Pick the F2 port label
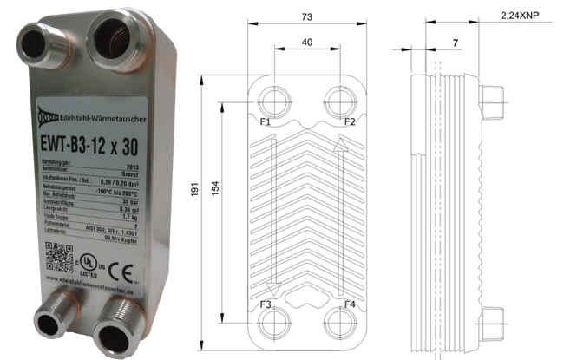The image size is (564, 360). (349, 121)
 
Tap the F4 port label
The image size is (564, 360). (349, 304)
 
